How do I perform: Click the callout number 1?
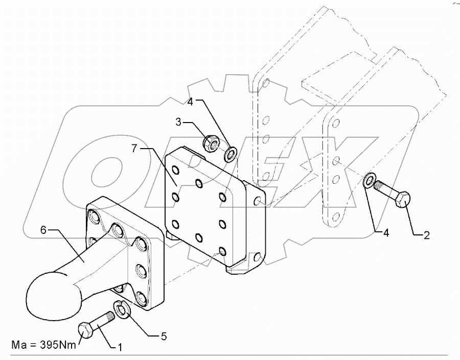(120, 347)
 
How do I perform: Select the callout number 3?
(179, 123)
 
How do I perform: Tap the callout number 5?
(164, 337)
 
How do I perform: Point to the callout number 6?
(43, 230)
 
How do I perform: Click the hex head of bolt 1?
(86, 328)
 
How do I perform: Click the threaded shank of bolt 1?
(105, 320)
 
